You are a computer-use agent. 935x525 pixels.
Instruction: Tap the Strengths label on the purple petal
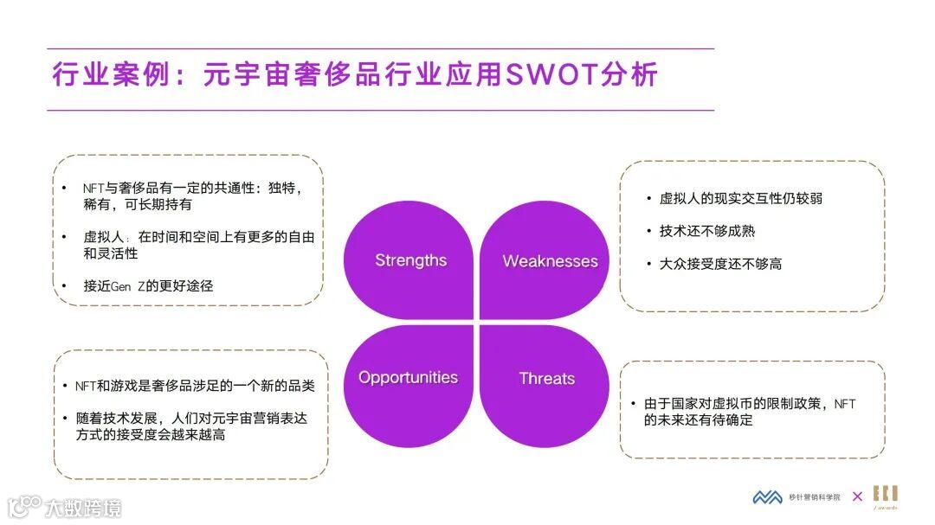tap(410, 260)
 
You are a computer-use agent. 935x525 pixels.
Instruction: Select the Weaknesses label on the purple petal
tap(550, 261)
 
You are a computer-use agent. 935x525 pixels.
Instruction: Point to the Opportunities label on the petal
tap(408, 377)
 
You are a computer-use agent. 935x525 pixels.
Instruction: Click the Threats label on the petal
tap(546, 379)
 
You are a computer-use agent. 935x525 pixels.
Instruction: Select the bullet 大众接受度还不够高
tap(720, 264)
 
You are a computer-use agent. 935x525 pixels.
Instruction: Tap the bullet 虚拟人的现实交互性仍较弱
tap(740, 198)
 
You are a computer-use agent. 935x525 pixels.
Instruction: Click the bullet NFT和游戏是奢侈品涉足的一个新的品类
tap(194, 386)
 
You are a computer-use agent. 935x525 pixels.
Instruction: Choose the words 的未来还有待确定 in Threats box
tap(698, 420)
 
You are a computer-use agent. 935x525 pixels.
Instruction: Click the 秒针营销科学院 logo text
tap(814, 497)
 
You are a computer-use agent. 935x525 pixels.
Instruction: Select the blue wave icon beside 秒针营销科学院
tap(767, 497)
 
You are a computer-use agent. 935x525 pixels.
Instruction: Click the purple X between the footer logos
tap(857, 496)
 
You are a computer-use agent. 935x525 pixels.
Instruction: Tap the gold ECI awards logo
tap(885, 496)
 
